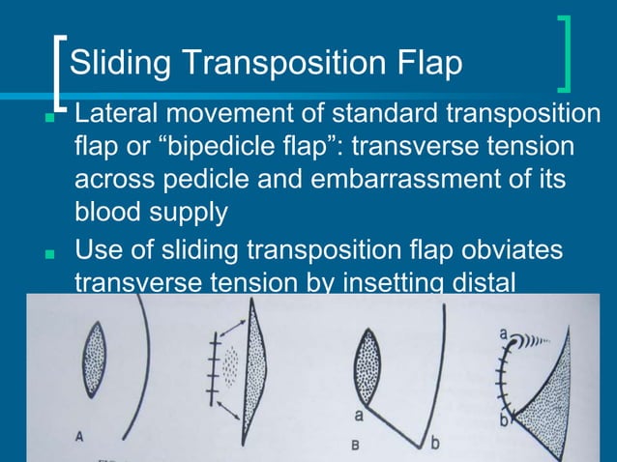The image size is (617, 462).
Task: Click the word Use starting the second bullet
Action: [97, 250]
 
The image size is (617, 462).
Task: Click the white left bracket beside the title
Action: [61, 72]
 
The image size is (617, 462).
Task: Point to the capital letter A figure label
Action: [79, 436]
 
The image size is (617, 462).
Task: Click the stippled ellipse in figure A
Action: [94, 359]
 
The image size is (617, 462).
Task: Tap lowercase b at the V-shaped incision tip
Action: [434, 442]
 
